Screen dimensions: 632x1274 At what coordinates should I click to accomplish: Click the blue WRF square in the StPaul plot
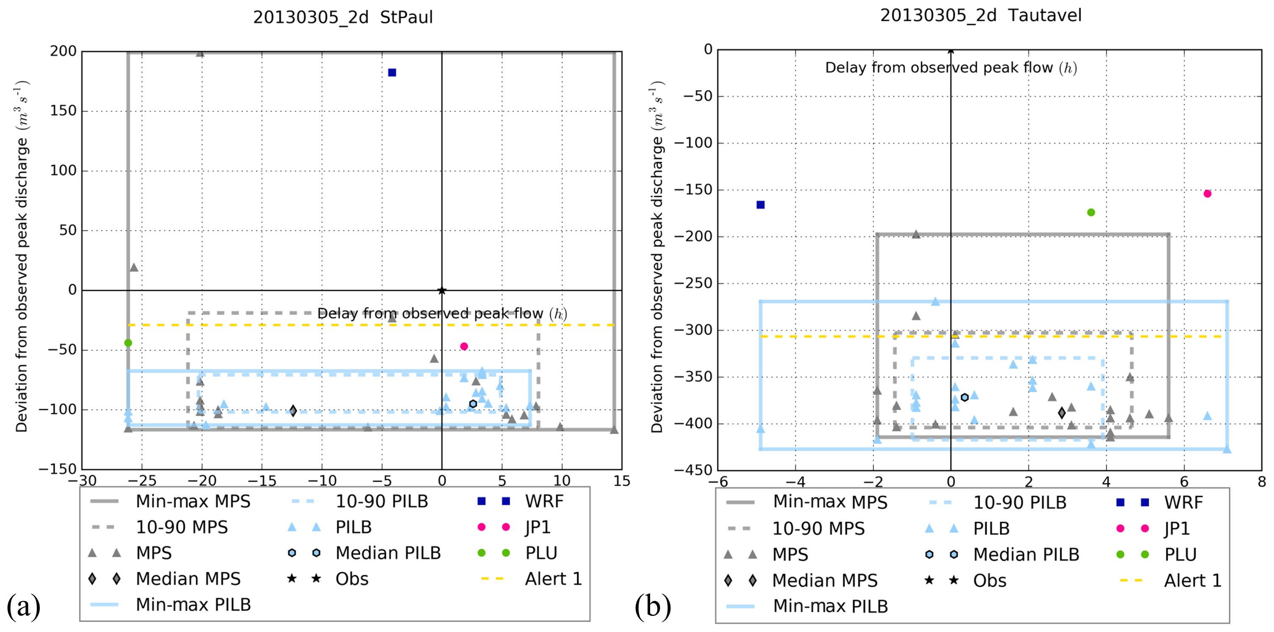[392, 73]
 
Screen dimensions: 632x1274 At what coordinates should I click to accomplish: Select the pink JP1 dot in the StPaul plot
[464, 346]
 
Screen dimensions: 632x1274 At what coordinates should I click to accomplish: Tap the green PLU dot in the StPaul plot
[128, 343]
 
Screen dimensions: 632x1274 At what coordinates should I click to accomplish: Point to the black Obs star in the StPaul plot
[442, 291]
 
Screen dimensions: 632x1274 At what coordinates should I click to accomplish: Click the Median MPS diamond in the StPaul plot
[293, 410]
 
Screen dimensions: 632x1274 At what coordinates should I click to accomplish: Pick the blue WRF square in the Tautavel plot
[761, 205]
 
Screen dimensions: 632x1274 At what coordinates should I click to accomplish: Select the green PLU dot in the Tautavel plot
[1091, 213]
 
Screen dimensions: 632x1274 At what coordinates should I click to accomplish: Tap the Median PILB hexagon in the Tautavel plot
[964, 397]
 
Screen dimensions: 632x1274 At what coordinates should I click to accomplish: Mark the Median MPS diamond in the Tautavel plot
[1062, 413]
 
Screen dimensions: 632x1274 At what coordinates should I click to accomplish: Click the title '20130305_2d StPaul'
[343, 17]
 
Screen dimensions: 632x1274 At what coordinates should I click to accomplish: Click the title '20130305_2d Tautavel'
[981, 15]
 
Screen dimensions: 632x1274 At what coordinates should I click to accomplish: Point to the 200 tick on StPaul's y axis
[63, 51]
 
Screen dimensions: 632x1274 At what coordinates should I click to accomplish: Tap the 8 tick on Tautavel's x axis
[1262, 482]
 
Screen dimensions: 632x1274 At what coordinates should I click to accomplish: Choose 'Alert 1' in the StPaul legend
[553, 579]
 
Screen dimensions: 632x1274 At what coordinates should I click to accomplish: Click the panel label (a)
[23, 605]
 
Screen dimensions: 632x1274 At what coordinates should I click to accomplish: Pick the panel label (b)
[653, 606]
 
